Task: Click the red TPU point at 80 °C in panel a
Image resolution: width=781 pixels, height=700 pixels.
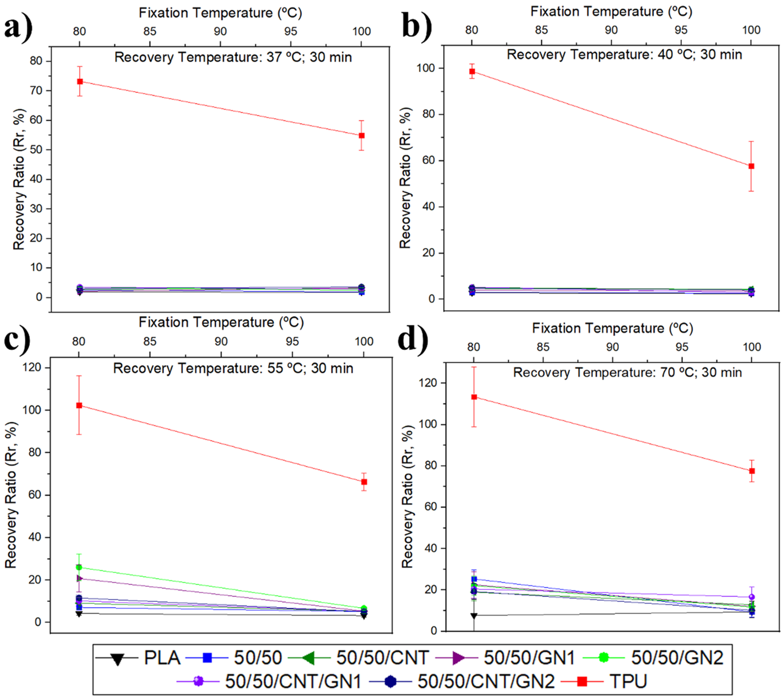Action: [80, 82]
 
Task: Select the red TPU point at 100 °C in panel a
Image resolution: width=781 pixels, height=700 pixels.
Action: [362, 136]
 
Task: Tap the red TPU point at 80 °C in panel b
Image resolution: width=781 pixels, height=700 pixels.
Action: [472, 72]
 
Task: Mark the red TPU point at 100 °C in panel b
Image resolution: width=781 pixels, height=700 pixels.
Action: [751, 166]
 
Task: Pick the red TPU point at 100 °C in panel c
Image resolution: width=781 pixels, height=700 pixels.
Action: [364, 482]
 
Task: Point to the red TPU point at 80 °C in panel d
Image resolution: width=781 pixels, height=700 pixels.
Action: [474, 397]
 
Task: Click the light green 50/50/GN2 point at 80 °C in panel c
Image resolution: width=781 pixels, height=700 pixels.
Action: [79, 567]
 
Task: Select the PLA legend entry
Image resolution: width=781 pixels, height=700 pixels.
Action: [138, 658]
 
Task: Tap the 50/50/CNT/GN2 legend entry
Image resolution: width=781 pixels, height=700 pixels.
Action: [462, 681]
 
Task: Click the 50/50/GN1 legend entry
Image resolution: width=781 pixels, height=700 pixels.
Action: [505, 658]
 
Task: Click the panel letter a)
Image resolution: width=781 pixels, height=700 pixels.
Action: [19, 28]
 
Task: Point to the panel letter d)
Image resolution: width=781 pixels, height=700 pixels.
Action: [413, 340]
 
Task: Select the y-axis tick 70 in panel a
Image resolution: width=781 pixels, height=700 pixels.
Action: [36, 91]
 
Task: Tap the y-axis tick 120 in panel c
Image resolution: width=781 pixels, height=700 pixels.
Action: [32, 368]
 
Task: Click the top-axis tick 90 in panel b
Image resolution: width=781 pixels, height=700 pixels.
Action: [611, 30]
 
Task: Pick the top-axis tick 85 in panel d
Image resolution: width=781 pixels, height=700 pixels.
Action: [543, 347]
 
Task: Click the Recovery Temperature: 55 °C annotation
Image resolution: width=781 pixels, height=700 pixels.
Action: [233, 368]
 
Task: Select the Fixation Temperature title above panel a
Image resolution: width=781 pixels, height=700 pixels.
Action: [220, 13]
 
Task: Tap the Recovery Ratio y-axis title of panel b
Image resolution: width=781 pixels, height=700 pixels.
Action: [405, 178]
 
